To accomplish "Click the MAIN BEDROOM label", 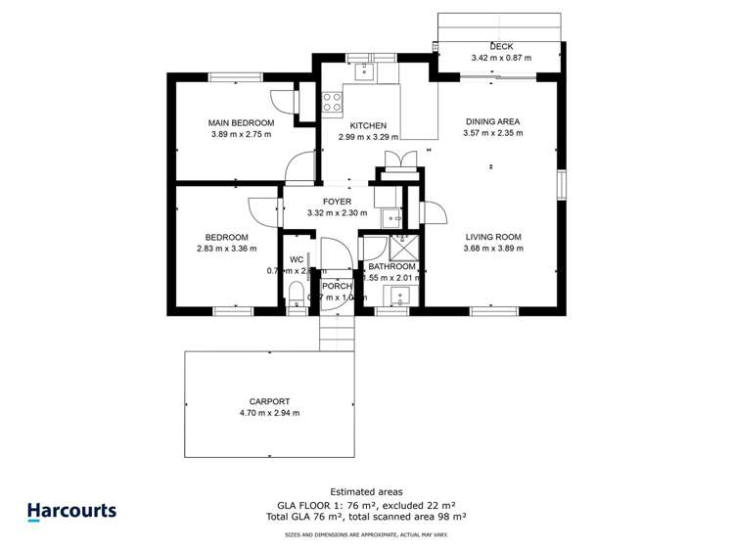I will (x=241, y=123).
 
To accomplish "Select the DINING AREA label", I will (x=492, y=122).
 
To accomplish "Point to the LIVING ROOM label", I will (x=492, y=237).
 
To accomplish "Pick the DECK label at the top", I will (x=501, y=46).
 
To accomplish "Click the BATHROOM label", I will (x=391, y=267).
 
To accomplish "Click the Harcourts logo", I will (x=70, y=511).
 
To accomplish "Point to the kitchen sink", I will (x=363, y=69).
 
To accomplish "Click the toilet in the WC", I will (x=297, y=294).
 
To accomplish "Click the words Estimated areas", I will (x=366, y=491).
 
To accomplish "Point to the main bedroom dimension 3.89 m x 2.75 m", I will (x=241, y=135).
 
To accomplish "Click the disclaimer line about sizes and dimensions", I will (x=366, y=535).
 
